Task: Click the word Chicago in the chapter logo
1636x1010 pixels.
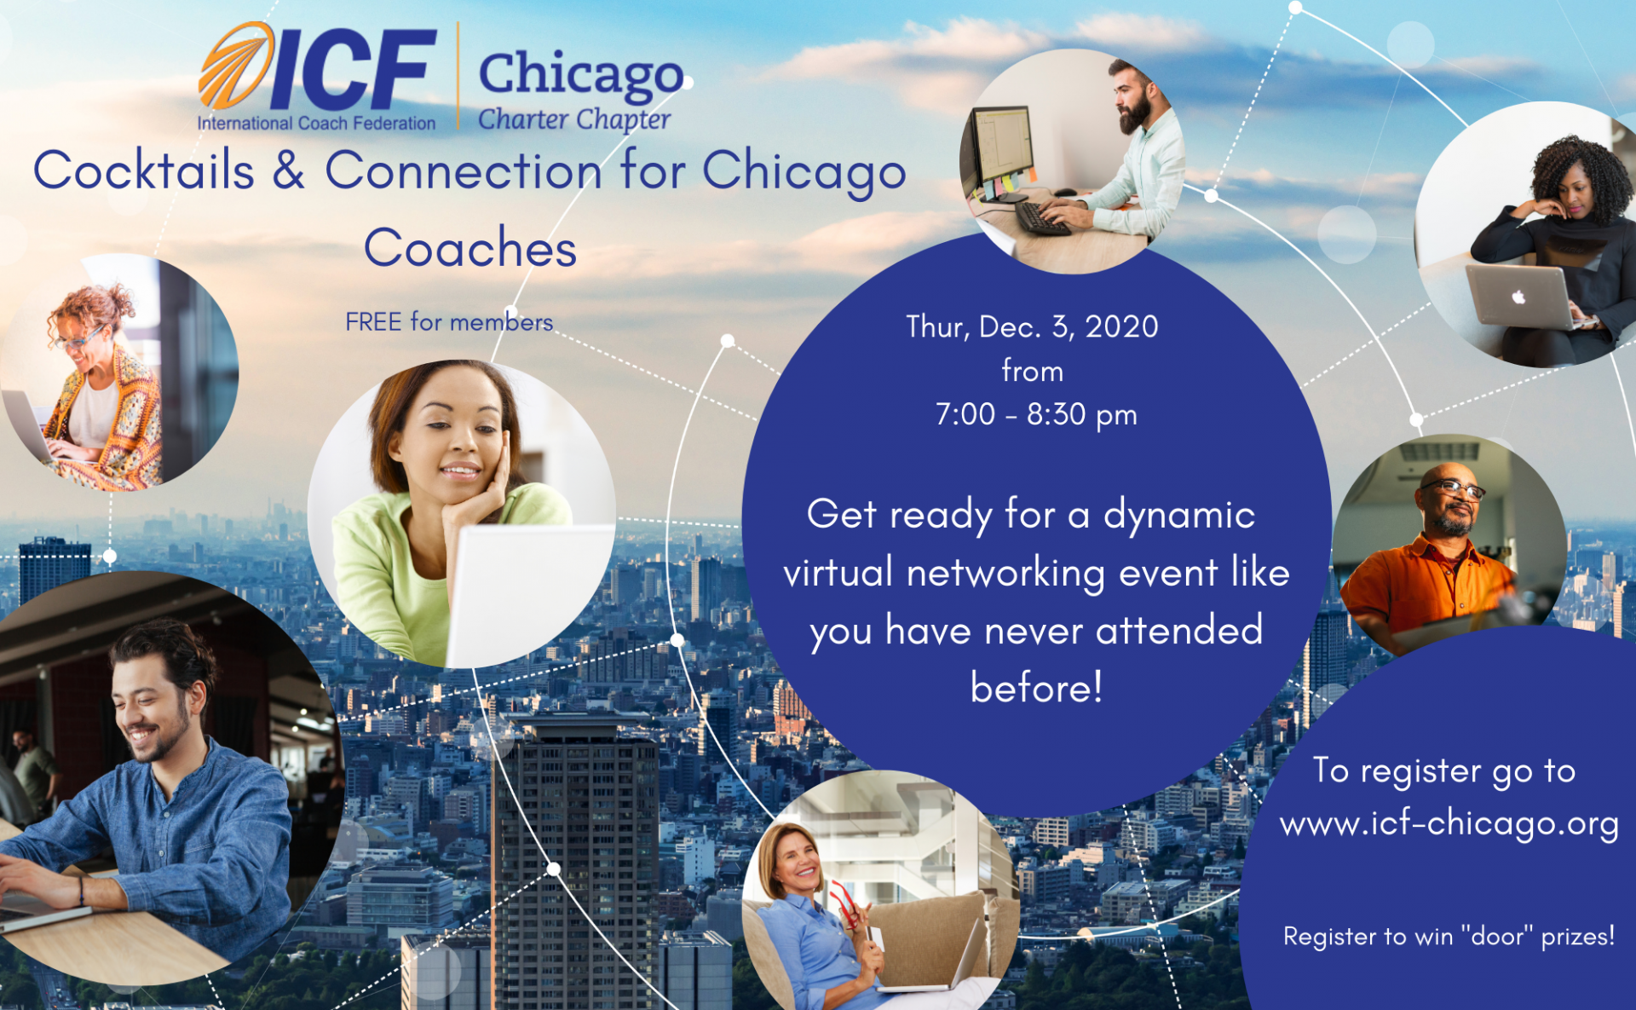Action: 581,74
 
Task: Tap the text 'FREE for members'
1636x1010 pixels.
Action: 449,322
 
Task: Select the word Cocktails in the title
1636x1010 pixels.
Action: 144,170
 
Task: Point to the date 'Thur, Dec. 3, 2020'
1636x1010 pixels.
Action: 1032,326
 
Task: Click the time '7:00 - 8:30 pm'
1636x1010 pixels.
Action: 1036,415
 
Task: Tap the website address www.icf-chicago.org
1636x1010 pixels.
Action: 1449,824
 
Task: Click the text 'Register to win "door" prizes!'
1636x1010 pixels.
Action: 1449,936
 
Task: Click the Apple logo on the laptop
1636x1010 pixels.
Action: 1518,297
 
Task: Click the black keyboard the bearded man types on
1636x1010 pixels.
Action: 1042,218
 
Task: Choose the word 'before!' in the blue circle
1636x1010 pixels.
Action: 1036,687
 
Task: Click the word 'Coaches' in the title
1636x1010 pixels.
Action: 470,248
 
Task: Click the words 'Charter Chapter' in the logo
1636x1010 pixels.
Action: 574,119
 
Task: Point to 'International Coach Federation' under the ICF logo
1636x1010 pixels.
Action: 316,124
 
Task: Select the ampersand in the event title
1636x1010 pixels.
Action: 289,170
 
